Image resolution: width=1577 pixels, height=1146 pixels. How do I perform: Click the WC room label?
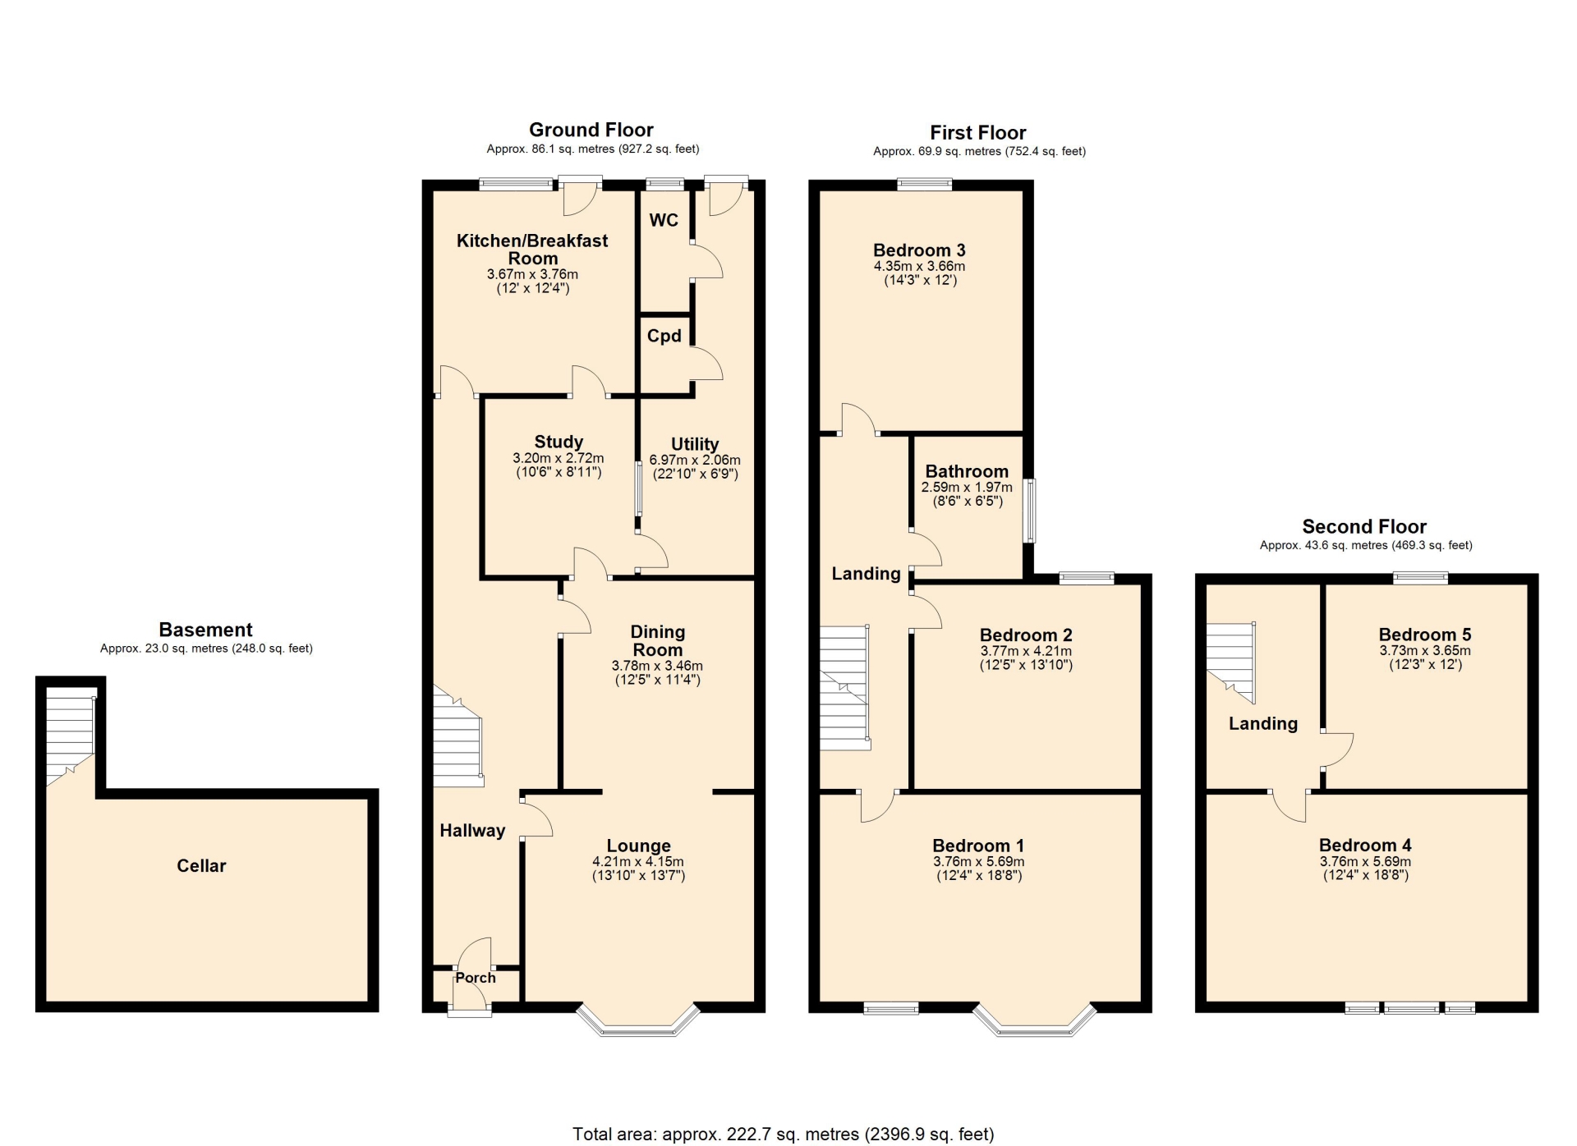664,220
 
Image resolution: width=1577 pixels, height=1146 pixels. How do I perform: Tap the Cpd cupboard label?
664,336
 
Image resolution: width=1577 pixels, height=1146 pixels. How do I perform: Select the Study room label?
559,442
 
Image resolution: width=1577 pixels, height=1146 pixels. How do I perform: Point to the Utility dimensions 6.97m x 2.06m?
695,461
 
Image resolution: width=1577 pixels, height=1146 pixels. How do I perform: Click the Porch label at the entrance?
476,978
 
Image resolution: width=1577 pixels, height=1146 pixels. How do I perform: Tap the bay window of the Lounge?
639,1020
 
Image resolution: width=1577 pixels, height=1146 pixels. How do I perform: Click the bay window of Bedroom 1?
1035,1020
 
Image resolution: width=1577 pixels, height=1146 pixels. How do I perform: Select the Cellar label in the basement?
201,865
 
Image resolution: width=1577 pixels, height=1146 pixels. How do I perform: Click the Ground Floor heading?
591,130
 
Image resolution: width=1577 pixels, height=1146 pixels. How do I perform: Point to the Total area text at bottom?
784,1134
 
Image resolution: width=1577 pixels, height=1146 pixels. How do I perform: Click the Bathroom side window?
1029,511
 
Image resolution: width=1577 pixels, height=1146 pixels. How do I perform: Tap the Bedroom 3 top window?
925,185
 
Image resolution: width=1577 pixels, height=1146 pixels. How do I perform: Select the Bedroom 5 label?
1425,635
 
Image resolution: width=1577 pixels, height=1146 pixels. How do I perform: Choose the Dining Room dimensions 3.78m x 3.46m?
657,666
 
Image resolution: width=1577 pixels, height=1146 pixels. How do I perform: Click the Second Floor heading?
1364,526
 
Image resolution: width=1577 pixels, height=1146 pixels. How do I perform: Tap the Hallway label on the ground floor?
472,830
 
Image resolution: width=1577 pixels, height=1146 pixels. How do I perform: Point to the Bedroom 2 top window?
1086,579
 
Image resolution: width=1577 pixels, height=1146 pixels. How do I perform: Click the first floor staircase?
845,688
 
